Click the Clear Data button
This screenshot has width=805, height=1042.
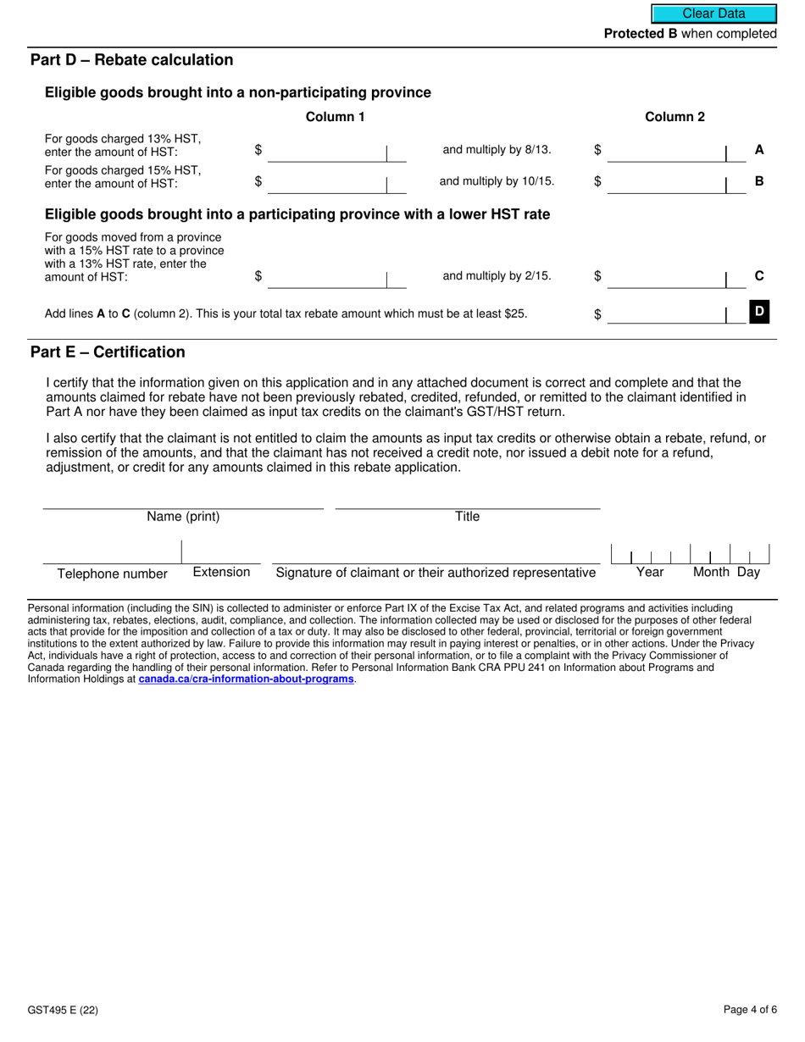coord(713,14)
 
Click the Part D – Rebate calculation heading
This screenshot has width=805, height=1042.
coord(131,60)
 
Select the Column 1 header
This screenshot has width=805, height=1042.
coord(335,117)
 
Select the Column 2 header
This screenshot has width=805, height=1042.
coord(675,117)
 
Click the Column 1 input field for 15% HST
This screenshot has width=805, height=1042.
coord(326,182)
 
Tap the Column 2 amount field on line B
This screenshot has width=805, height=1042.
coord(666,182)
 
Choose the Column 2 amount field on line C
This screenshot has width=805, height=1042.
coord(666,277)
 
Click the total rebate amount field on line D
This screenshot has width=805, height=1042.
coord(666,314)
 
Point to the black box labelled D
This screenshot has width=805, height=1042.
coord(759,312)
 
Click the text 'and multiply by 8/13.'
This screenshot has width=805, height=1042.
coord(497,150)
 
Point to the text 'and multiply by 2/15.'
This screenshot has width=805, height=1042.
coord(497,275)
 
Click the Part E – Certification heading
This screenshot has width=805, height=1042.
coord(108,352)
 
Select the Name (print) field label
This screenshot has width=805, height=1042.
coord(183,517)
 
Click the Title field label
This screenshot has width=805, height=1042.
coord(467,517)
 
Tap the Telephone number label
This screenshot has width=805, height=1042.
coord(112,574)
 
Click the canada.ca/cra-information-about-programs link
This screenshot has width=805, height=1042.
coord(246,679)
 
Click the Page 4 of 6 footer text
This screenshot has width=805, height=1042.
coord(750,1010)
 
